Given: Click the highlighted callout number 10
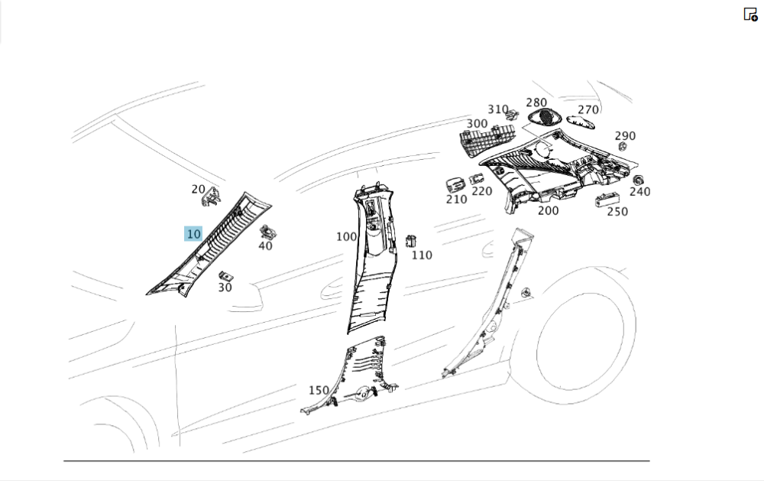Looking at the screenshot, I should tap(193, 234).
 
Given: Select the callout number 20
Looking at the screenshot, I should tap(199, 189).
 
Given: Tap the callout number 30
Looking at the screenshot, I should tap(225, 288).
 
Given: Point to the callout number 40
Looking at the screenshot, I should tap(265, 245).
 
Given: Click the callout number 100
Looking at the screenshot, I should tap(346, 237).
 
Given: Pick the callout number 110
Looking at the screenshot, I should tap(422, 255).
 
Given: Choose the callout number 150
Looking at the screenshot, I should tap(319, 391).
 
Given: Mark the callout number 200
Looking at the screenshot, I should tap(548, 210).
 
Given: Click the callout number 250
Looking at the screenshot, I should tap(617, 212).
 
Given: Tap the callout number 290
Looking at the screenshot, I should tap(625, 136).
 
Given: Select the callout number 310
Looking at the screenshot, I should tap(498, 110).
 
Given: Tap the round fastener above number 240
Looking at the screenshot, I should tap(637, 180).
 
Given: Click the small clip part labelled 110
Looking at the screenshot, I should tap(411, 242).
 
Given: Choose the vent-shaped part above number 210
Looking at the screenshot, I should tap(455, 185).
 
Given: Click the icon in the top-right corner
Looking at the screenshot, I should tap(750, 14).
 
